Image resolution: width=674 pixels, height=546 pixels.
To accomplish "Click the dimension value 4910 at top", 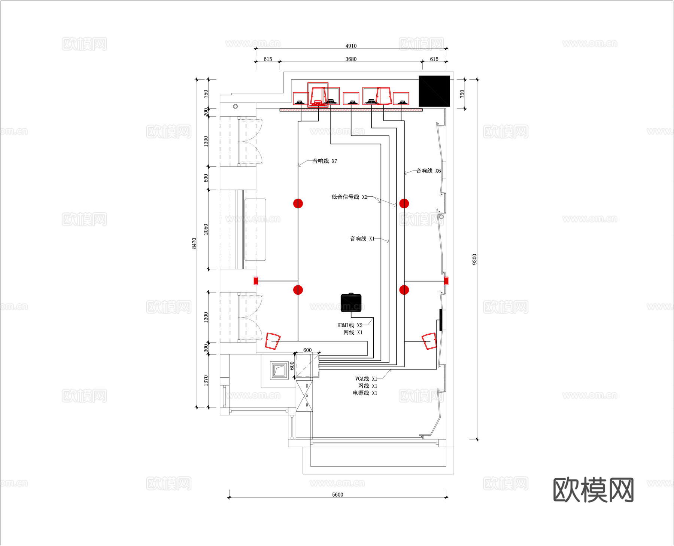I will (x=351, y=46).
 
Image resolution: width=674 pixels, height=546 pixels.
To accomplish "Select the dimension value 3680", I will (x=351, y=59).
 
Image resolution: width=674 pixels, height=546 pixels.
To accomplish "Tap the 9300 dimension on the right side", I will (x=474, y=259).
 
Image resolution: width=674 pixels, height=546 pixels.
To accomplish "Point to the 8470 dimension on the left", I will (x=194, y=243).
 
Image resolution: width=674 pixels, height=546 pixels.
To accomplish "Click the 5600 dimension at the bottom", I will (x=337, y=494).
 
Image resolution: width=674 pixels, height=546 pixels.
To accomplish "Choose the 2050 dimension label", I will (x=206, y=229).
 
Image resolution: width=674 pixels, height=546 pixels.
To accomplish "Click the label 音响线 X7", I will (x=325, y=161).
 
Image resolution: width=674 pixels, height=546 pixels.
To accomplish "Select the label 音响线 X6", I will (x=428, y=171).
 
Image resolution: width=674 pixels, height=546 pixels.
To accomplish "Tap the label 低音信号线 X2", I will (x=349, y=197).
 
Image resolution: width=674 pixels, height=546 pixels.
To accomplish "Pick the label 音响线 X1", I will (x=362, y=239).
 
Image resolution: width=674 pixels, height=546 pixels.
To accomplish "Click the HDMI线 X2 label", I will (x=350, y=325).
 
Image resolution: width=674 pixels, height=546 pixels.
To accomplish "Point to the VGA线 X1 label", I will (x=366, y=379).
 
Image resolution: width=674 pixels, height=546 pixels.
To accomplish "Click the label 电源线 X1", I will (x=365, y=393).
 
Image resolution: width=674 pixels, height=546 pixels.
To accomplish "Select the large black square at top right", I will (x=434, y=91).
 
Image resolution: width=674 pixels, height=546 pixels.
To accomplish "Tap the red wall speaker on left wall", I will (x=256, y=280).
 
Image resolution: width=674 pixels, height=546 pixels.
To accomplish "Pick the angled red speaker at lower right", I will (x=429, y=341).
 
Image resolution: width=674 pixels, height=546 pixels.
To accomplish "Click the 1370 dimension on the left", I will (x=206, y=381).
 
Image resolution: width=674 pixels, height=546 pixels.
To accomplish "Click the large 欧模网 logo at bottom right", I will (x=593, y=490).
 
